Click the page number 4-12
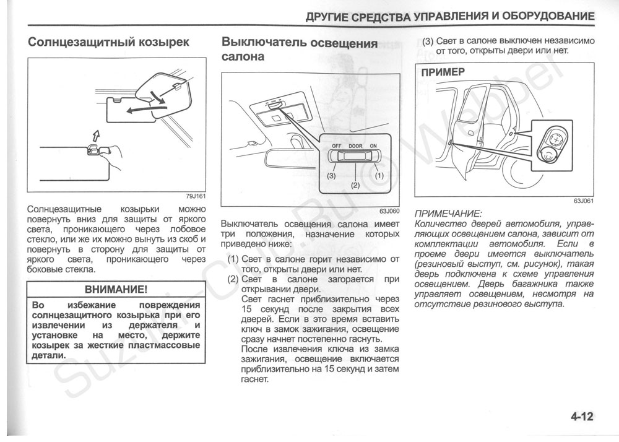(x=582, y=417)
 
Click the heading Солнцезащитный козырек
(x=108, y=43)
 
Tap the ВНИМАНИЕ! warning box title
(x=116, y=289)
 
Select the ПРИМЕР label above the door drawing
(x=443, y=72)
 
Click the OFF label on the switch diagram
(x=337, y=145)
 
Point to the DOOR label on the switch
(x=355, y=145)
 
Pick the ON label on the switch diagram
(x=373, y=145)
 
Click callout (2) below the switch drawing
(x=355, y=185)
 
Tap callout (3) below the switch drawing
(x=332, y=175)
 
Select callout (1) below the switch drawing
(x=379, y=175)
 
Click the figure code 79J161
(x=196, y=196)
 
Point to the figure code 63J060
(x=389, y=212)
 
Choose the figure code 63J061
(x=584, y=201)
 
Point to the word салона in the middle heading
(x=243, y=57)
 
